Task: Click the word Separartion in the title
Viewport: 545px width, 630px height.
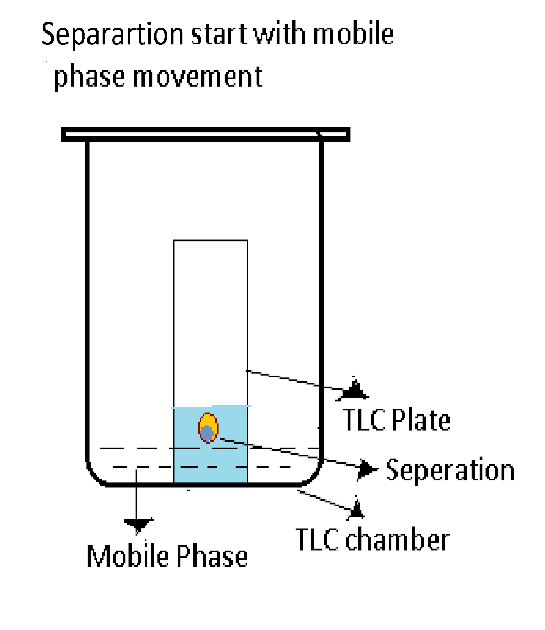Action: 112,35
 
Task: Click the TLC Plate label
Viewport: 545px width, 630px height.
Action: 396,420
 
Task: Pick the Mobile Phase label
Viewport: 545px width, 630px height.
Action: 167,556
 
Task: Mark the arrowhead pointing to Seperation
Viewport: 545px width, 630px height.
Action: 368,469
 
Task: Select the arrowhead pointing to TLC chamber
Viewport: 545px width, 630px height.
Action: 357,510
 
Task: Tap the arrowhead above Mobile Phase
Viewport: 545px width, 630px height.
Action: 138,525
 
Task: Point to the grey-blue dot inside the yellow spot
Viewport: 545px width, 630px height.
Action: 206,434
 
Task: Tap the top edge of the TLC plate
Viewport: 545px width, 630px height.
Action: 210,240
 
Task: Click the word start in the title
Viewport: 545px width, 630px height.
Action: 219,35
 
